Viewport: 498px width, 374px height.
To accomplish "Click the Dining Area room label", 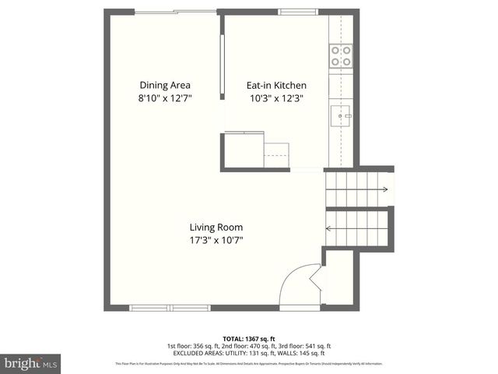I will [165, 85].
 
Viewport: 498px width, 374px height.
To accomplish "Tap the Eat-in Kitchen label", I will [276, 85].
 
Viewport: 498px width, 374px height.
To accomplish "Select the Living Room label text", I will [216, 228].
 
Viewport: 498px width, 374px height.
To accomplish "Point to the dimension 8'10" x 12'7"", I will [165, 98].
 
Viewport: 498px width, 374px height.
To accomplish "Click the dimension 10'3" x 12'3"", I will [276, 98].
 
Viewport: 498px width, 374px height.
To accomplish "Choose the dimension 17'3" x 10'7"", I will [216, 240].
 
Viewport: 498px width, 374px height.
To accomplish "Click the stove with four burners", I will [340, 55].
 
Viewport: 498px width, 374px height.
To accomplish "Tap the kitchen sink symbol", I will [341, 118].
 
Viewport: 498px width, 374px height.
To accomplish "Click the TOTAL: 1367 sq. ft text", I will [248, 339].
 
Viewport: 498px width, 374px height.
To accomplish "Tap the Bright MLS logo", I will [30, 362].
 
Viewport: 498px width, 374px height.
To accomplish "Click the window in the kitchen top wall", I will [293, 11].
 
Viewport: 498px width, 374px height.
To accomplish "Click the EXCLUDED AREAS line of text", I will [248, 353].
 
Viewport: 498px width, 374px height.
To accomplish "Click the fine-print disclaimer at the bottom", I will [248, 364].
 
